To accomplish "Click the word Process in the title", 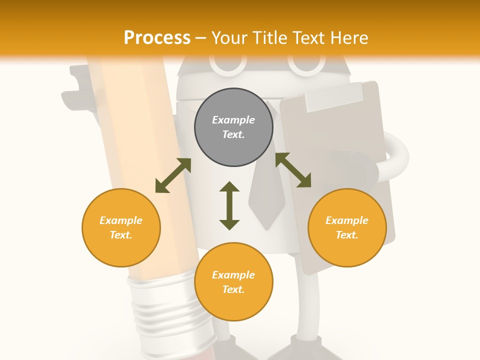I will [x=157, y=38].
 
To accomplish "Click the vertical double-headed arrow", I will [x=229, y=205].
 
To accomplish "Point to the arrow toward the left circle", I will [x=173, y=175].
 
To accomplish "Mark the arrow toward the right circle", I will [x=293, y=170].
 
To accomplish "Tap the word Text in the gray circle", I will [x=233, y=134].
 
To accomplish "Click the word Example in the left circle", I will [x=121, y=220].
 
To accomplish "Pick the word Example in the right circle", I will [x=347, y=220].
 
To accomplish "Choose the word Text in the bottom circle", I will [x=233, y=289].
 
